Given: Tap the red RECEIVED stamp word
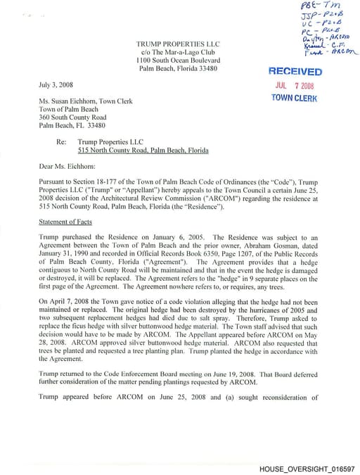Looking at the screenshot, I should tap(294, 72).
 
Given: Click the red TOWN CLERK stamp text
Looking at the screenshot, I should tap(295, 98).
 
